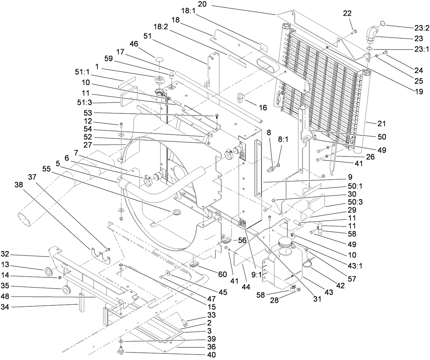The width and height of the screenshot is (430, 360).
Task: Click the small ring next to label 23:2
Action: tap(382, 23)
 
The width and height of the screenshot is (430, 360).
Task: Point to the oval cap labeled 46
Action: tap(160, 60)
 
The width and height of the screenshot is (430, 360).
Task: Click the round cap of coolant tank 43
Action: tap(285, 244)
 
